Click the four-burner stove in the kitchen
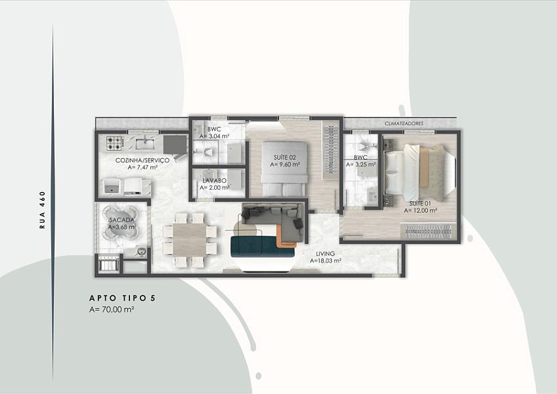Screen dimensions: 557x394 (115, 142)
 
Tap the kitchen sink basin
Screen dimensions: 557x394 (145, 144)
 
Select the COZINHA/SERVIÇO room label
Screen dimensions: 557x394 (143, 160)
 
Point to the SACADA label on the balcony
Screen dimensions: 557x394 (122, 220)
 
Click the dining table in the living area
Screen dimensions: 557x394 (189, 240)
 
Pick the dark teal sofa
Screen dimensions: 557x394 (262, 246)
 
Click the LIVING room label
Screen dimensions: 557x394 (325, 253)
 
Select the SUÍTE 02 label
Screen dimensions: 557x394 (285, 158)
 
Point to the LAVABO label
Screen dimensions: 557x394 (215, 181)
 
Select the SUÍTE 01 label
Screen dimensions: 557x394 (420, 204)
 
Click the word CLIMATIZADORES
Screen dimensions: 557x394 (404, 123)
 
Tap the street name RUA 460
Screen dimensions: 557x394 (43, 209)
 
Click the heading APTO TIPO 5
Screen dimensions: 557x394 (123, 298)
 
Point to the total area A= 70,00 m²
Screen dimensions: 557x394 (112, 309)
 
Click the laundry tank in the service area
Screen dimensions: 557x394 (112, 186)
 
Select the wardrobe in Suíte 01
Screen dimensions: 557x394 (428, 231)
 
